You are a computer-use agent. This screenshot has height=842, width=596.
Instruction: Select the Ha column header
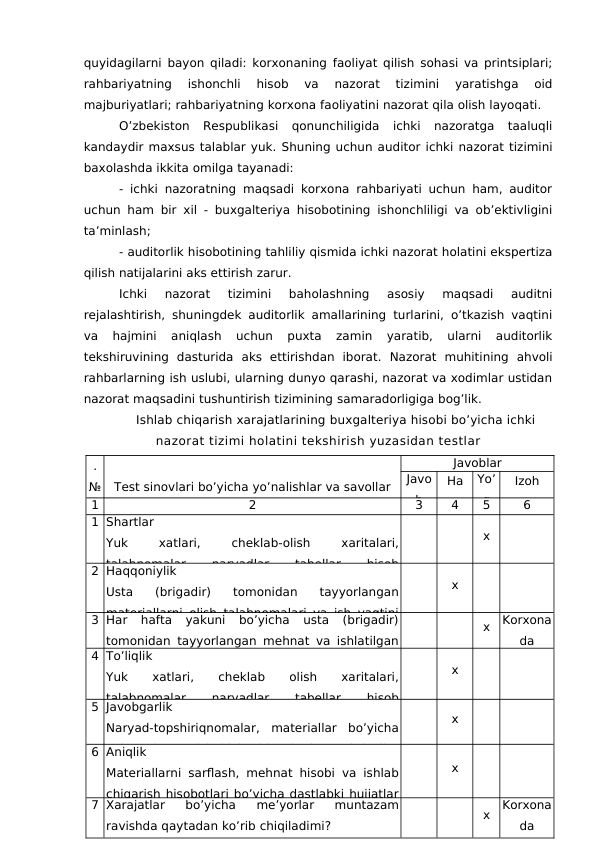pyautogui.click(x=454, y=481)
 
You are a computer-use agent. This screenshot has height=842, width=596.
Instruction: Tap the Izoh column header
pyautogui.click(x=527, y=481)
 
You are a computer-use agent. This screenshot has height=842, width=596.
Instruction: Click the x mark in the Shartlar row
pyautogui.click(x=486, y=536)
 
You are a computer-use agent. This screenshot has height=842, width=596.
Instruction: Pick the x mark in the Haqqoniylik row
pyautogui.click(x=454, y=585)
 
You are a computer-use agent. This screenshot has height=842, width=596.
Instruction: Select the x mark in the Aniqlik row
pyautogui.click(x=454, y=768)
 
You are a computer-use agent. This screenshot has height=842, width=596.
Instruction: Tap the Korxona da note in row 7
pyautogui.click(x=527, y=815)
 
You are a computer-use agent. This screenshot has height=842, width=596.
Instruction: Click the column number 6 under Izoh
pyautogui.click(x=527, y=506)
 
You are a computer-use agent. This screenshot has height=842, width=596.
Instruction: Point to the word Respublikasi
pyautogui.click(x=241, y=126)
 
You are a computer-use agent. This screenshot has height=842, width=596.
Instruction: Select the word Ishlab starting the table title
pyautogui.click(x=155, y=420)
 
